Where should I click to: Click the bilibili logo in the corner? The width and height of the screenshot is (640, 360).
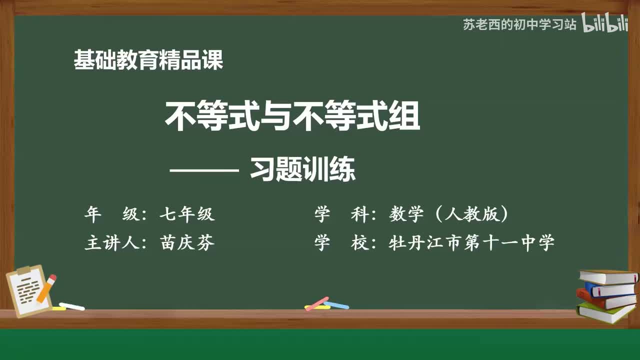coord(604,24)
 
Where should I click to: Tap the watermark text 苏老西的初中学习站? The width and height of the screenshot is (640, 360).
coord(519,24)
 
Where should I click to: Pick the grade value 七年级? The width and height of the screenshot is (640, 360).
coord(187,214)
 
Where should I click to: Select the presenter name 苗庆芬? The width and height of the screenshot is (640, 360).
coord(187,243)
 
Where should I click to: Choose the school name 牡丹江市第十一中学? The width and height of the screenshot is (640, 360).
coord(471,243)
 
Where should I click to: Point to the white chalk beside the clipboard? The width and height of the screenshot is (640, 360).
coord(71,306)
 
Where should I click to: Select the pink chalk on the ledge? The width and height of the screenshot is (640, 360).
coord(316,303)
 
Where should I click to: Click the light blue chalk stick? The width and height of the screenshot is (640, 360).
coord(336,304)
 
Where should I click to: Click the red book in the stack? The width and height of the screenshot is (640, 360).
coord(605,300)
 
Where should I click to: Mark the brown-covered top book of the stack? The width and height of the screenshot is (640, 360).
coord(608,276)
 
